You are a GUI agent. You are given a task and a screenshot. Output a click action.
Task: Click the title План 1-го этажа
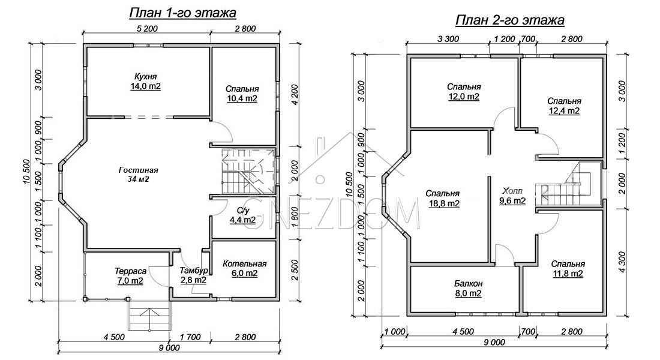[x=182, y=13]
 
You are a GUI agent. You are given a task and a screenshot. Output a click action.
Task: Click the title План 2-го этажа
[x=510, y=20]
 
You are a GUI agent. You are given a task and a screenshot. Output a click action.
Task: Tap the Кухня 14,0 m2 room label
[x=146, y=81]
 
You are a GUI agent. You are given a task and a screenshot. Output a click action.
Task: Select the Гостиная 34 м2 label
[x=139, y=175]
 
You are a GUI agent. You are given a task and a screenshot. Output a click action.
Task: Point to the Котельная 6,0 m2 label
[x=245, y=269]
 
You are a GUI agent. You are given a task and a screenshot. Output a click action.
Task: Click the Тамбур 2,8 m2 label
[x=194, y=275]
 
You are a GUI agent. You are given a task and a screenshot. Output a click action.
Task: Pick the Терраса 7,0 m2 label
[x=130, y=276]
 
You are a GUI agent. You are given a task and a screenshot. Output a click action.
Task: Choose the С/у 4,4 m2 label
[x=242, y=215]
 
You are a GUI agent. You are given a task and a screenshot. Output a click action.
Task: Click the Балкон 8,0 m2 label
[x=468, y=289]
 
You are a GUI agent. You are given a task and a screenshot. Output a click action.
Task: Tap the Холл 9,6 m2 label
[x=512, y=196]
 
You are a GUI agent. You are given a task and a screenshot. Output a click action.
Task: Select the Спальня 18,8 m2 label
[x=442, y=199]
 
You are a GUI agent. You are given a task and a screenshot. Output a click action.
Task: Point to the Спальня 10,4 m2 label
[x=242, y=94]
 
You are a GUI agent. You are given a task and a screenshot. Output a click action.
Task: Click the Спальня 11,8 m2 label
[x=568, y=269]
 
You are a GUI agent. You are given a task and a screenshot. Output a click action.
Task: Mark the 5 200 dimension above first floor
[x=147, y=29]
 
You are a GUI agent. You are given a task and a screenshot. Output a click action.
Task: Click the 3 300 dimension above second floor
[x=448, y=39]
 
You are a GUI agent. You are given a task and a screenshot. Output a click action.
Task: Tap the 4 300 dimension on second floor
[x=622, y=262]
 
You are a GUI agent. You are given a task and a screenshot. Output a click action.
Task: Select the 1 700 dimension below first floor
[x=190, y=337]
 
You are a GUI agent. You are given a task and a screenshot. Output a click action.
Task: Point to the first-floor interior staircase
[x=248, y=171]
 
